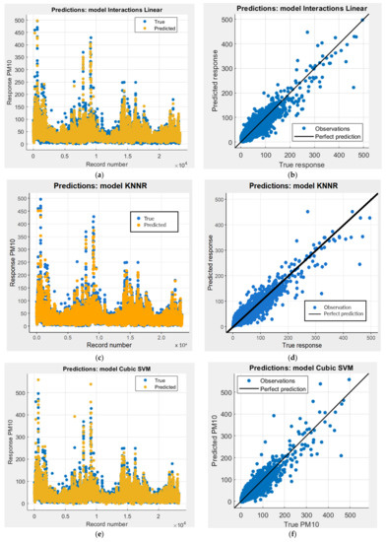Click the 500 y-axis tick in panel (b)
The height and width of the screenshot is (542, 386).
pos(226,21)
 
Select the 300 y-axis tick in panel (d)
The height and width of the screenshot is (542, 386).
pos(227,263)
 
